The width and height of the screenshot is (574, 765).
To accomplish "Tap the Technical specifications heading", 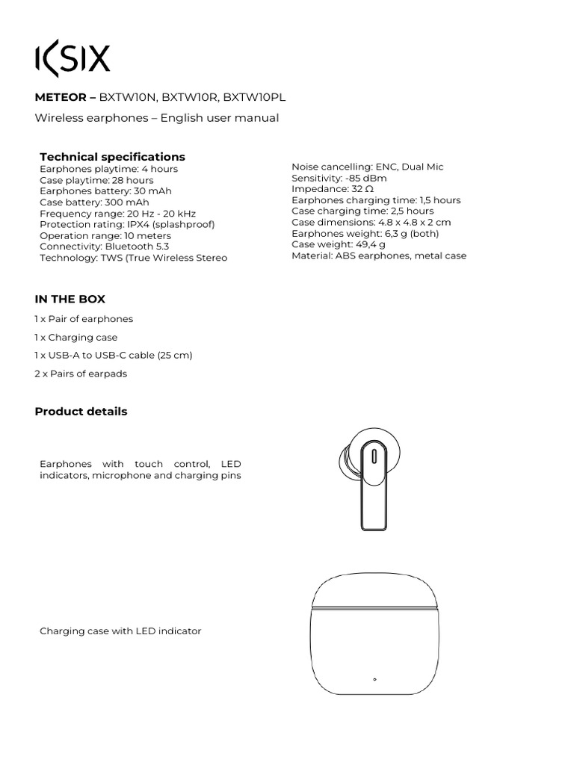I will click(112, 157).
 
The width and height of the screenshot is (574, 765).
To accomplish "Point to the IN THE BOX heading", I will click(70, 299).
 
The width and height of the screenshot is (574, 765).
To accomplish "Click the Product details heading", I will click(81, 412).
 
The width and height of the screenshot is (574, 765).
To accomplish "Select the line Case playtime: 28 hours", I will click(96, 180).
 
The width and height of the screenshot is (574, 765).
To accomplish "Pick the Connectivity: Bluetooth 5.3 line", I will click(104, 247).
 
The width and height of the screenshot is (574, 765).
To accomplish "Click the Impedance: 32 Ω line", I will click(333, 189).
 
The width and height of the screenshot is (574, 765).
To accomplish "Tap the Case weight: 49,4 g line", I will click(338, 244).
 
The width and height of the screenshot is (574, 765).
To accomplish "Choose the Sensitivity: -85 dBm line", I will click(339, 178).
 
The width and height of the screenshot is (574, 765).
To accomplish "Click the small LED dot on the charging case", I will click(374, 680).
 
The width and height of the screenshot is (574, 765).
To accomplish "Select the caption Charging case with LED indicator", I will click(120, 631).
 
